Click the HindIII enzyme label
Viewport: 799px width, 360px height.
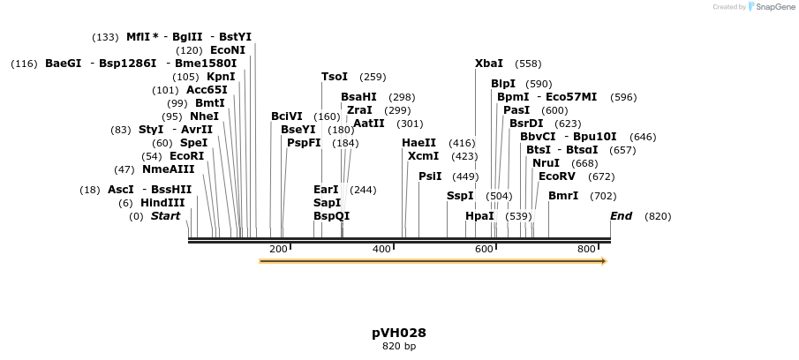click(162, 203)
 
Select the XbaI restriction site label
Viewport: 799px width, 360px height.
click(489, 64)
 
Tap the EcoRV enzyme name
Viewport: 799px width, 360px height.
click(557, 176)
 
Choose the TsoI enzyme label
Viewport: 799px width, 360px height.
click(335, 77)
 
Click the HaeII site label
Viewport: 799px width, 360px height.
click(419, 143)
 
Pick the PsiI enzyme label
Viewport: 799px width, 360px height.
click(430, 176)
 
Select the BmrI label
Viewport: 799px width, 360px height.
click(563, 196)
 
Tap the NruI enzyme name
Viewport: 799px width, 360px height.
click(546, 163)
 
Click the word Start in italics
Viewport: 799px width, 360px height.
click(165, 216)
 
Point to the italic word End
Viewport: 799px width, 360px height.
click(622, 216)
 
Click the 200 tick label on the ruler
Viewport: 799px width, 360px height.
click(278, 250)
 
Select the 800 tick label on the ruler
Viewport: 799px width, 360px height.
click(587, 250)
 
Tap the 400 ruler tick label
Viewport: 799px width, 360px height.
click(381, 250)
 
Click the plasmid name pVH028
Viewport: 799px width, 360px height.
click(399, 333)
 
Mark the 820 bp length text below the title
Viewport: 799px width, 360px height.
click(399, 347)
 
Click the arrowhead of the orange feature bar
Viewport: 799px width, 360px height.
click(604, 261)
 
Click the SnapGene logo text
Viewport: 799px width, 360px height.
click(774, 7)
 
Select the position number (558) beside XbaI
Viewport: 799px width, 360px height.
click(528, 64)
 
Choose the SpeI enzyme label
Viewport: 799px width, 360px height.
click(194, 143)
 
